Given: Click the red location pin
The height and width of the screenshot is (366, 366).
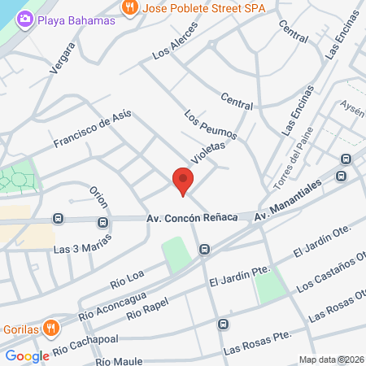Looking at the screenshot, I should pyautogui.click(x=183, y=180).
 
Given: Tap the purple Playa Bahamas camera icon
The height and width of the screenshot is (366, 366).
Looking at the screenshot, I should pyautogui.click(x=25, y=17).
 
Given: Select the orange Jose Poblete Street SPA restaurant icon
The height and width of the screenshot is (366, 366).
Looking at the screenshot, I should pyautogui.click(x=129, y=7).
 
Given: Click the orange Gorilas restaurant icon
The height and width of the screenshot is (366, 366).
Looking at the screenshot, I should pyautogui.click(x=51, y=329).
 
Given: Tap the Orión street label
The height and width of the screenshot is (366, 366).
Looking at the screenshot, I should pyautogui.click(x=98, y=195).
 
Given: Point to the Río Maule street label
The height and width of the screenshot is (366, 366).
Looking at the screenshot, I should pyautogui.click(x=119, y=360).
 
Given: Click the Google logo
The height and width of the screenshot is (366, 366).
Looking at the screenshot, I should pyautogui.click(x=27, y=356).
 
